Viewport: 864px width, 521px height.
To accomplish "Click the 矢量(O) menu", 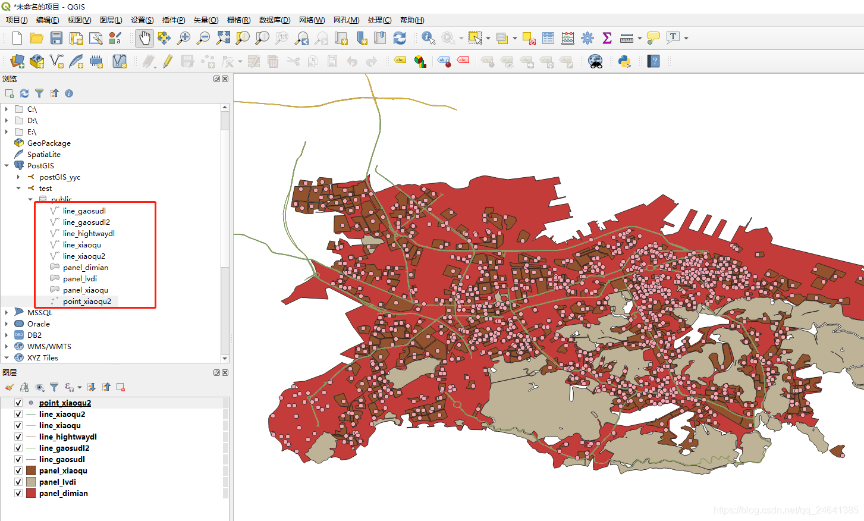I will click(x=206, y=20).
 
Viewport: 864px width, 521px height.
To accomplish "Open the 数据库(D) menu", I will click(x=274, y=20).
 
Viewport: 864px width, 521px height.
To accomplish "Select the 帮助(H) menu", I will click(x=411, y=20).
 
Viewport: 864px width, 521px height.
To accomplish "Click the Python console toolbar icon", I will click(x=624, y=61).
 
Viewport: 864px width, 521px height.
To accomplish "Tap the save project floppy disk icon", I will click(x=56, y=38).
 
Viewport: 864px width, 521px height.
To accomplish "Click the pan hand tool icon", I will click(x=144, y=38).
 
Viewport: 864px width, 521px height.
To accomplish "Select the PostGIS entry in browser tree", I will click(x=40, y=165).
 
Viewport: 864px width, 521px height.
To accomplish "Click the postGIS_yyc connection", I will click(x=59, y=177).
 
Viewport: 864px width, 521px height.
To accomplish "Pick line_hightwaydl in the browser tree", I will click(x=89, y=233).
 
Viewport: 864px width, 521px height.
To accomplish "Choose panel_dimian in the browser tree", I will click(x=85, y=267).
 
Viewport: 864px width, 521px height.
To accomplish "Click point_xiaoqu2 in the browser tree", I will click(x=87, y=301).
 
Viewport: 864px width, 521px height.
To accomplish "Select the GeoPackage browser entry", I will click(x=49, y=143).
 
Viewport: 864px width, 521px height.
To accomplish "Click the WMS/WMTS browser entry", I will click(x=49, y=346).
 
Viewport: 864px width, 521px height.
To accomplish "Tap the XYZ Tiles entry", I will click(x=42, y=357).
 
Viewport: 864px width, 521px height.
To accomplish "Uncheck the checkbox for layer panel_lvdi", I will click(x=18, y=482).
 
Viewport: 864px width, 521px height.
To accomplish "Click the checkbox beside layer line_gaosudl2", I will click(x=18, y=448).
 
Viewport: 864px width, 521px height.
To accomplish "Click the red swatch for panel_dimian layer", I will click(x=31, y=493).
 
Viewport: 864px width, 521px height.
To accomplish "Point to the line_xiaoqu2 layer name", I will click(x=62, y=414).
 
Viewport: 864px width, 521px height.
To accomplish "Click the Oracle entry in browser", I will click(x=38, y=324).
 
